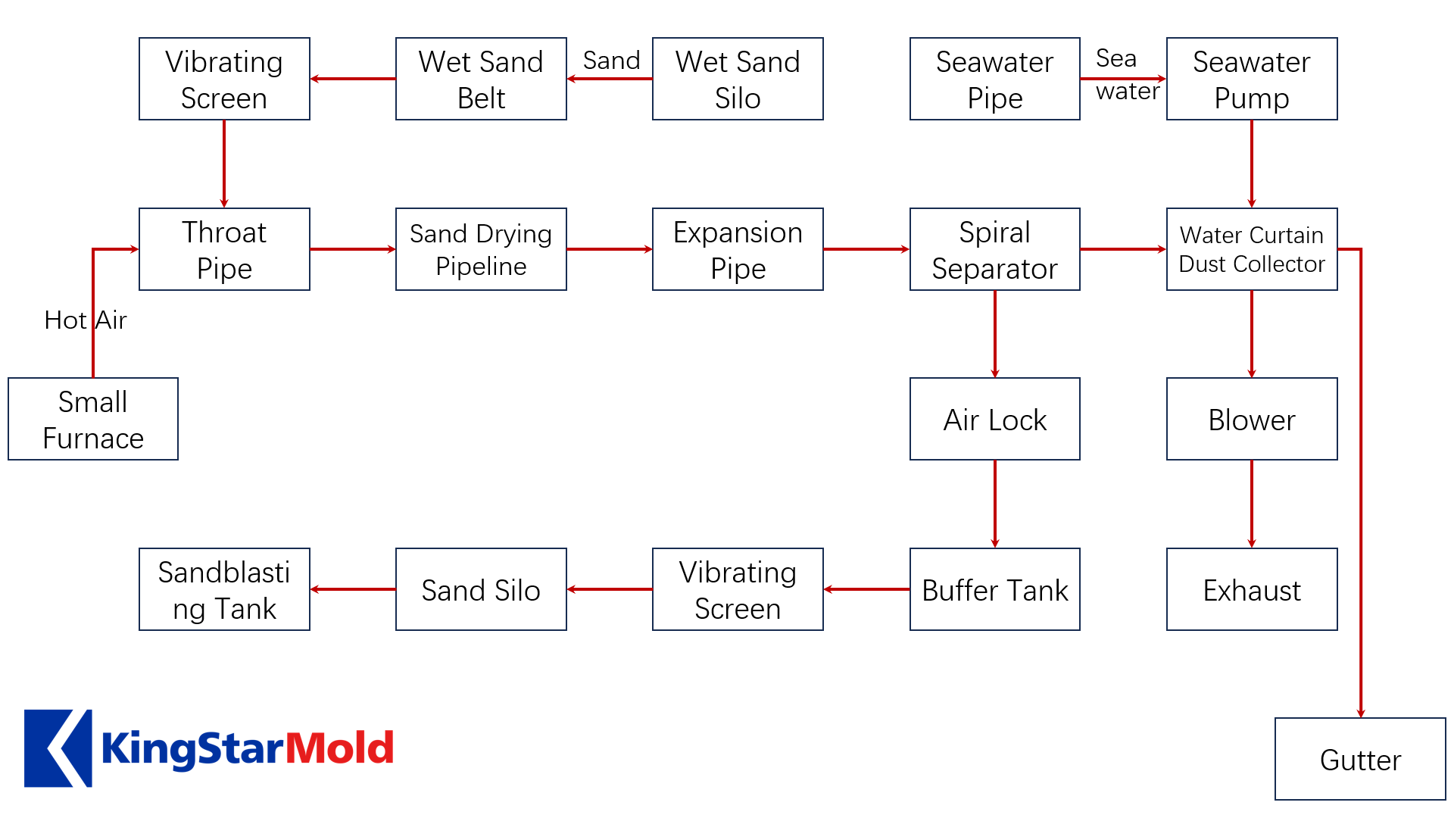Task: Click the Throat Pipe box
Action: tap(224, 249)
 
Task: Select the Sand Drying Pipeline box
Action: tap(481, 249)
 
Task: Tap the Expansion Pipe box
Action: tap(738, 249)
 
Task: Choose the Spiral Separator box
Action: tap(995, 249)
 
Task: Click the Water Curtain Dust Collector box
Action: tap(1252, 249)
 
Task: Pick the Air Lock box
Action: tap(995, 419)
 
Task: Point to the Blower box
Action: tap(1252, 419)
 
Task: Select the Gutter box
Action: tap(1360, 759)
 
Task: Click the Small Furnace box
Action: tap(93, 419)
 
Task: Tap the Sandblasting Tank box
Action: tap(224, 589)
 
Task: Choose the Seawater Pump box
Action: tap(1252, 79)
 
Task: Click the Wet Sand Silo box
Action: tap(738, 79)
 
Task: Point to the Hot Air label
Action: tap(86, 320)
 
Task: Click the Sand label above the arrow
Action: tap(612, 61)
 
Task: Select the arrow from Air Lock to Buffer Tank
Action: tap(995, 504)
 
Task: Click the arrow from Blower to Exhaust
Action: tap(1252, 504)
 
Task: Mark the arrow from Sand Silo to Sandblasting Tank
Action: tap(353, 589)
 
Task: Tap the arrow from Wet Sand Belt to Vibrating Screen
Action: tap(353, 79)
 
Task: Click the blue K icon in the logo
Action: tap(58, 748)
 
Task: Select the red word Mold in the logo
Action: tap(339, 748)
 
